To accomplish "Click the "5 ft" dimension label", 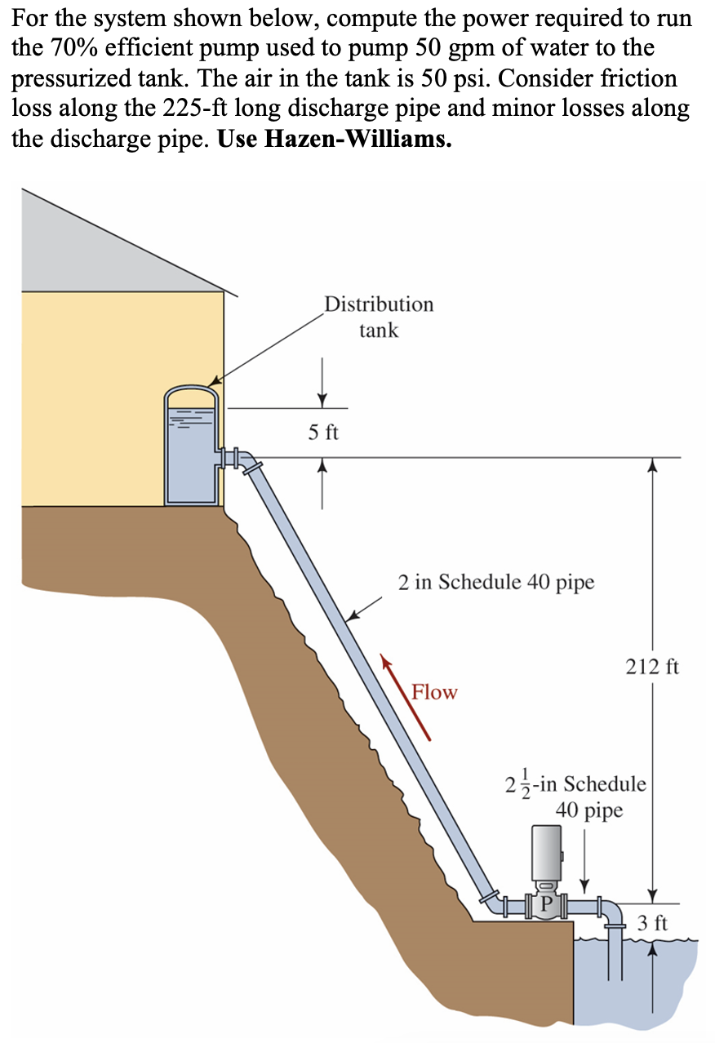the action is point(322,433).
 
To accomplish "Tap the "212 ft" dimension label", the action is point(651,667).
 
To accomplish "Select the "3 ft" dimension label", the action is point(652,923).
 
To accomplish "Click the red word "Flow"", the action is point(434,692).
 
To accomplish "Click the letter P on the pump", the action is point(546,903).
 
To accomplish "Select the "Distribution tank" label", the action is point(379,317).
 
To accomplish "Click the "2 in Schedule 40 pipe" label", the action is point(496,582).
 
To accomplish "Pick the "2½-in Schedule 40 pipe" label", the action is point(576,797).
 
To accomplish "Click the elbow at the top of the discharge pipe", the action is point(249,460).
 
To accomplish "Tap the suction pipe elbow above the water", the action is point(612,913).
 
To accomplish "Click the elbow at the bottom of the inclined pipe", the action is point(492,903).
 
